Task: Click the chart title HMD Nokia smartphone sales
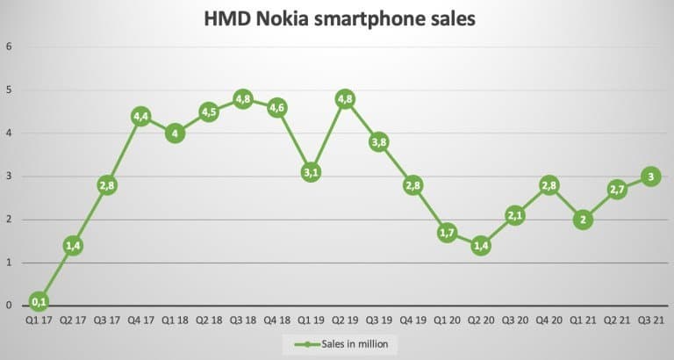point(338,18)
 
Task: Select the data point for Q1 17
point(39,302)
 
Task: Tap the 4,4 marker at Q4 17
point(140,116)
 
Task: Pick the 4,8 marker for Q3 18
point(242,99)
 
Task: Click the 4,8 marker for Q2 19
point(345,99)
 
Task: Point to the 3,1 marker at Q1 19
point(311,172)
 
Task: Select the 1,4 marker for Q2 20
point(481,246)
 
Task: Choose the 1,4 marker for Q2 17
point(73,246)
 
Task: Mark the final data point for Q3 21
point(651,176)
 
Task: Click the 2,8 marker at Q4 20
point(549,185)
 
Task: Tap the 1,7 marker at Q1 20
point(447,233)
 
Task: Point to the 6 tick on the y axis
point(8,47)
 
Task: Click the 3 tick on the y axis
point(8,176)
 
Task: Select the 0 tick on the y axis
point(8,306)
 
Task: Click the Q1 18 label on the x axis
point(175,320)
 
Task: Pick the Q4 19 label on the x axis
point(412,320)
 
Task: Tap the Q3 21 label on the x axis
point(651,320)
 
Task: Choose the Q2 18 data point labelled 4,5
point(209,112)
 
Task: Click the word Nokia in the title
point(289,18)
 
